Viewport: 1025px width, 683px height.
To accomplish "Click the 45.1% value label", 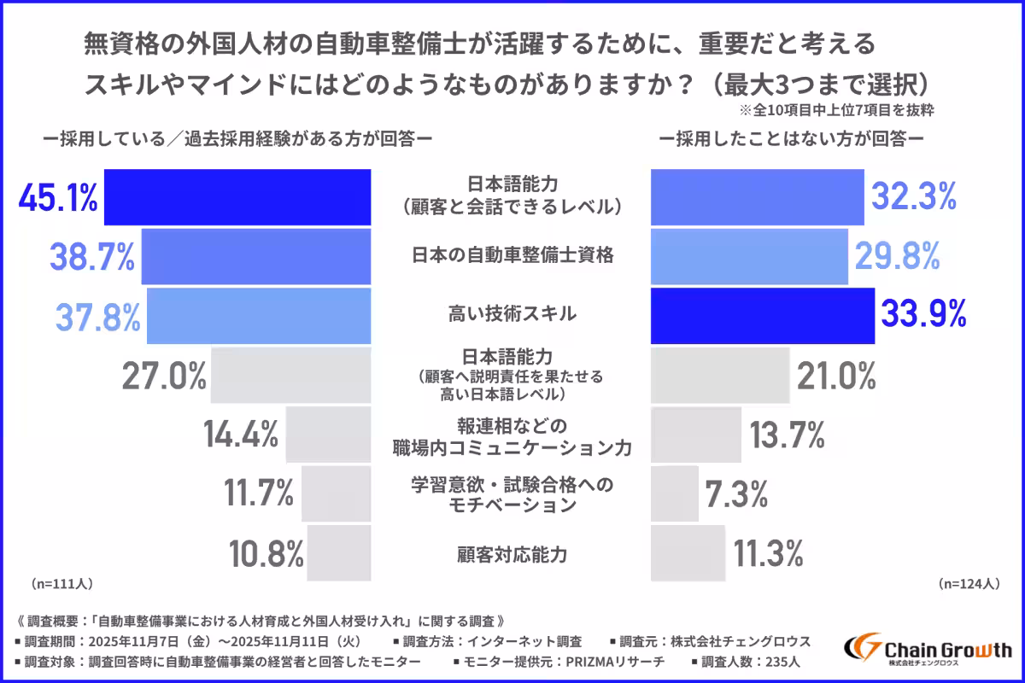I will click(x=58, y=198).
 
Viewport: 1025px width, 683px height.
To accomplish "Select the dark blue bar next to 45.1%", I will click(x=237, y=197).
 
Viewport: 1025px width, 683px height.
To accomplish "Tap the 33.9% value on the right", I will click(x=922, y=315).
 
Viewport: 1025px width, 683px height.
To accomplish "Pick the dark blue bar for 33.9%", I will click(x=763, y=315).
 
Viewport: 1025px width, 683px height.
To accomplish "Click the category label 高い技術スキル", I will click(x=512, y=314).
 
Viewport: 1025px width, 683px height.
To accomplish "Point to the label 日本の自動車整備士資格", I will click(x=512, y=255).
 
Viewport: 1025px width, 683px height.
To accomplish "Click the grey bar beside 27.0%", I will click(x=290, y=375).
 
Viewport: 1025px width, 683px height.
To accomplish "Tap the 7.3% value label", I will click(x=736, y=493).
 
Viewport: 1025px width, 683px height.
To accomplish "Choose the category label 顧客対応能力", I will click(x=512, y=553).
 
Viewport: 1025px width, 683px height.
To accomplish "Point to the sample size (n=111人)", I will click(x=61, y=585).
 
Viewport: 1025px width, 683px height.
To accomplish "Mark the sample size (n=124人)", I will click(x=968, y=585).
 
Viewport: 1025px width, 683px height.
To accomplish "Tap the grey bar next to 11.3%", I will click(x=688, y=553).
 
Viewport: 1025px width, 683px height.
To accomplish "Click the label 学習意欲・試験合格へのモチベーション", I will click(x=512, y=493).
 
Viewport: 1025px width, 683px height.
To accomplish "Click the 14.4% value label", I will click(x=241, y=435).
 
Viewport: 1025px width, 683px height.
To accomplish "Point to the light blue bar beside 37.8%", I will click(x=259, y=315).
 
